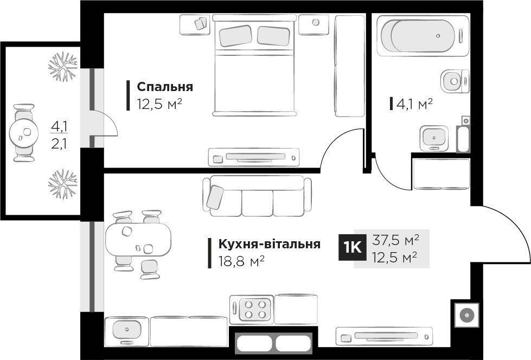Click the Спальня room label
[165, 87]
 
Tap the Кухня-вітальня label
[269, 244]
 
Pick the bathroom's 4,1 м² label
[414, 104]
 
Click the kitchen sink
[127, 329]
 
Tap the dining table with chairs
[138, 240]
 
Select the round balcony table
[23, 132]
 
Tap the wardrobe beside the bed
[349, 65]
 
